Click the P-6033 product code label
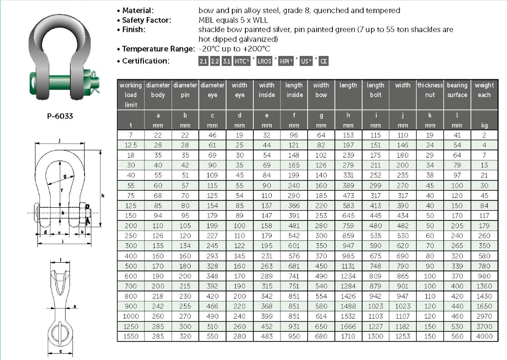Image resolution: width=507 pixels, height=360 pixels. click(x=60, y=116)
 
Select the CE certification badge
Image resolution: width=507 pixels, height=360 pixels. click(x=324, y=61)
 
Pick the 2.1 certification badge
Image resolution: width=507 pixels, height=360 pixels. click(x=203, y=61)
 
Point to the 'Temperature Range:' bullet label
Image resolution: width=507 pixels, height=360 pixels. click(x=158, y=49)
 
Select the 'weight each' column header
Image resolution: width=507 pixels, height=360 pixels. click(x=484, y=90)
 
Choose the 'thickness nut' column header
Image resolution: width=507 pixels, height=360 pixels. click(x=430, y=90)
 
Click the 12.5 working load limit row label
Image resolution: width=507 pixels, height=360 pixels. click(x=131, y=145)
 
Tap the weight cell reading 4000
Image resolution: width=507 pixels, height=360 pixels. click(x=484, y=336)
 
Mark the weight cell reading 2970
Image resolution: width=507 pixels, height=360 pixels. click(x=484, y=316)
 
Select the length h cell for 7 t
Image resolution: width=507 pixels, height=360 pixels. click(x=348, y=136)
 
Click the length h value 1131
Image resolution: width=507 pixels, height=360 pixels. click(x=348, y=266)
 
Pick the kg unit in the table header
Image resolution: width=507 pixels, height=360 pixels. click(x=484, y=126)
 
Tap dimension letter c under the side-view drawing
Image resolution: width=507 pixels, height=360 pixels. click(x=60, y=350)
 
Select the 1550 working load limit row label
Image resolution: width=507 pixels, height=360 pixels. click(x=131, y=336)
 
